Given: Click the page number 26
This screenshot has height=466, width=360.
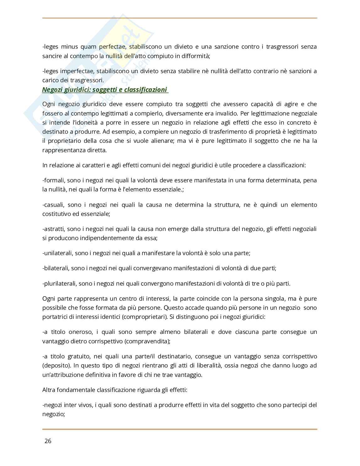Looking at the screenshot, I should (48, 441).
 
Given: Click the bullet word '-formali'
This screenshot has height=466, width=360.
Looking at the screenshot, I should (53, 180).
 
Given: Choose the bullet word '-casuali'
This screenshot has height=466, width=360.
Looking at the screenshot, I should (53, 205).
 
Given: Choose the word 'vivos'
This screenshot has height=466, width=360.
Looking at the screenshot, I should (85, 405).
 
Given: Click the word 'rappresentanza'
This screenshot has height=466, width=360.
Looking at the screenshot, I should (61, 150).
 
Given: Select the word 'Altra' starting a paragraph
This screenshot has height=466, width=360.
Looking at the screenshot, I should (49, 390).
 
